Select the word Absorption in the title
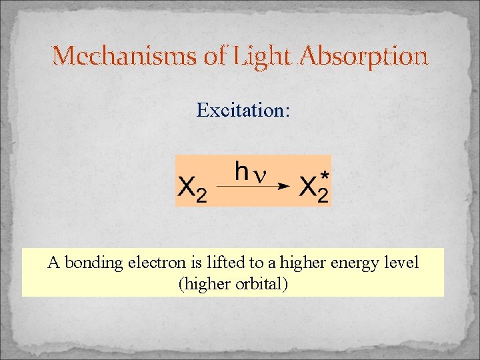point(364,57)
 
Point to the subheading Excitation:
point(243,110)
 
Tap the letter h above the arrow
point(242,171)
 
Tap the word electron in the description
point(155,263)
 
